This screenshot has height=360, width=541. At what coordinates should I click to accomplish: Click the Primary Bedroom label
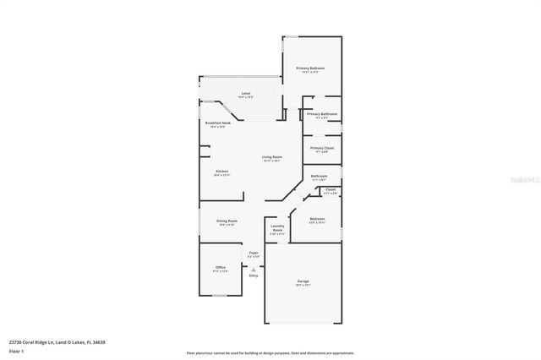(310, 68)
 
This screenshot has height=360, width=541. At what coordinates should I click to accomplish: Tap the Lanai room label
(246, 93)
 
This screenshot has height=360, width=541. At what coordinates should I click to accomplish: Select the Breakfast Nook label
(218, 123)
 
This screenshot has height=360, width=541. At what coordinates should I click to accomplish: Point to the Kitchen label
(221, 172)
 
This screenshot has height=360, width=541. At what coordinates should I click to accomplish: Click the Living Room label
(271, 157)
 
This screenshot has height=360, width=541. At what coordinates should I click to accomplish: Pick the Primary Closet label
(322, 148)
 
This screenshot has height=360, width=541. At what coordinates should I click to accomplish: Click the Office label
(220, 267)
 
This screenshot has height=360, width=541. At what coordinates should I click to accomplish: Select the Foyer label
(253, 252)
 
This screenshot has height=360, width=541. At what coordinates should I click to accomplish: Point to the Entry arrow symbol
(253, 269)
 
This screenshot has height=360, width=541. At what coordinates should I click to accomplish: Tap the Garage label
(303, 281)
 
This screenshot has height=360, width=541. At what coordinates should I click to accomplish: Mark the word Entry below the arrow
(253, 275)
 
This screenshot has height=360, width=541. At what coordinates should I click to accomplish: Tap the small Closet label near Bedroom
(331, 189)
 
